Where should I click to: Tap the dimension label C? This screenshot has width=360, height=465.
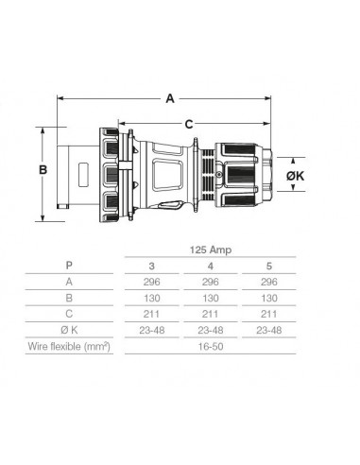(x=189, y=123)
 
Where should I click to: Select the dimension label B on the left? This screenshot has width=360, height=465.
(x=42, y=170)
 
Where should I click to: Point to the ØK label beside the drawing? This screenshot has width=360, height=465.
(x=296, y=176)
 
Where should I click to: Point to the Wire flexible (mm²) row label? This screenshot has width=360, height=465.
(x=68, y=346)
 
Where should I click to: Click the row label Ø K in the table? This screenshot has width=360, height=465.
(x=68, y=330)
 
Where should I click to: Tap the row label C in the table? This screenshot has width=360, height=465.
(x=68, y=313)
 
